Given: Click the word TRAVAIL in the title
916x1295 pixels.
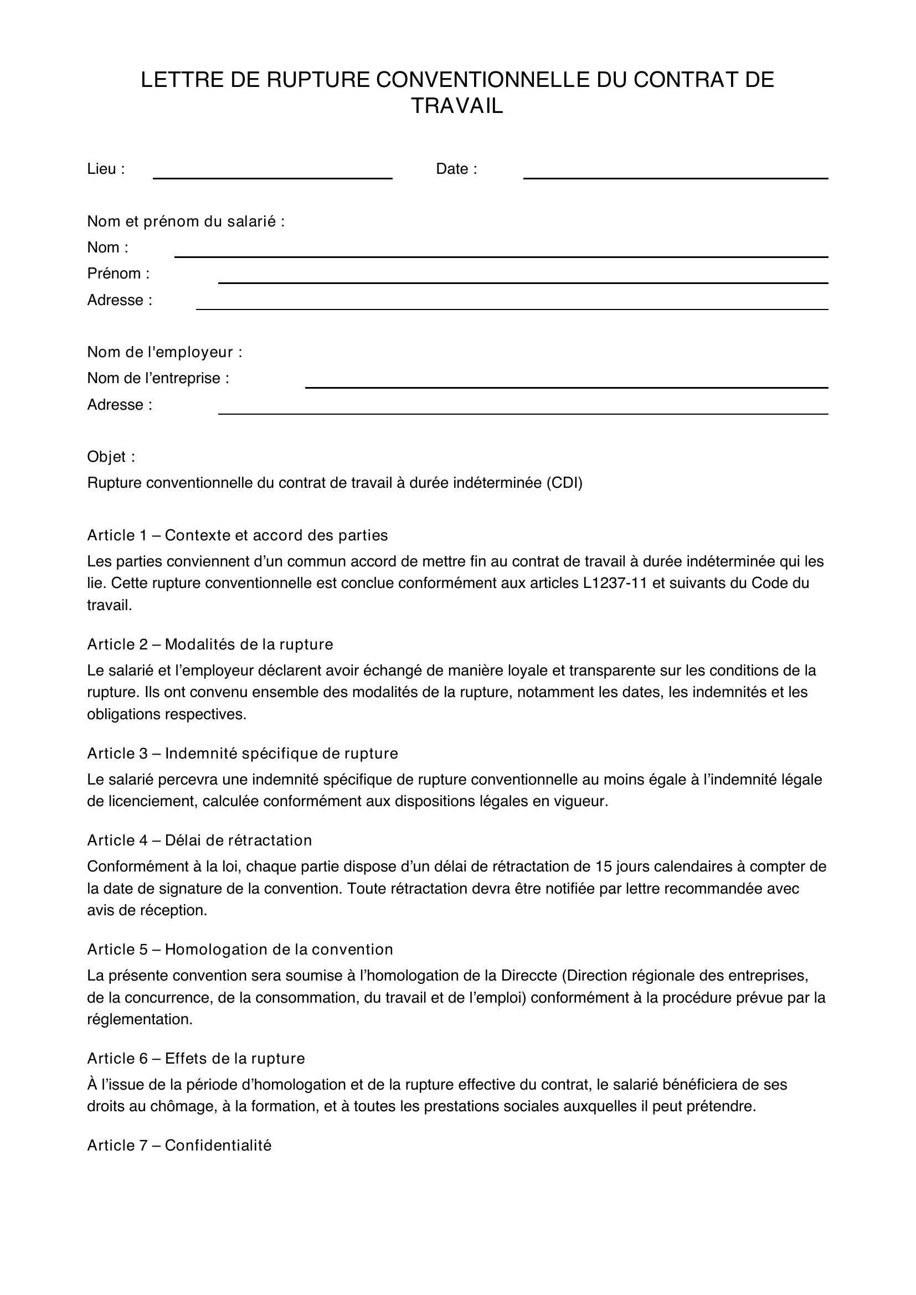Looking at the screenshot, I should point(457,106).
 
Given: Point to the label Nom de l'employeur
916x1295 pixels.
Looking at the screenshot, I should point(164,353).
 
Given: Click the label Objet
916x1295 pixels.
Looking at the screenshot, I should point(111,457).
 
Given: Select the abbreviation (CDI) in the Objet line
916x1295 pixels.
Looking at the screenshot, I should point(564,483).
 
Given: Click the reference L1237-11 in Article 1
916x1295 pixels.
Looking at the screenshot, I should point(615,583).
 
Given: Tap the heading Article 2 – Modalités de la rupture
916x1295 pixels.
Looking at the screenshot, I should point(210,644).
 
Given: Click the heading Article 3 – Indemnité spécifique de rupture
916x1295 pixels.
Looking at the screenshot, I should point(243,754).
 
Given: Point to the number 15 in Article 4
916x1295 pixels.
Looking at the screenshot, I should point(604,866).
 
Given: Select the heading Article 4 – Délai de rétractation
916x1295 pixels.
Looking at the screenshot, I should point(199,840).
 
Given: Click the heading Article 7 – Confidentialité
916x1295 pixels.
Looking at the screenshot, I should point(179,1146).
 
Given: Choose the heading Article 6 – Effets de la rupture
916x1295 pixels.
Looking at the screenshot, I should point(195,1059).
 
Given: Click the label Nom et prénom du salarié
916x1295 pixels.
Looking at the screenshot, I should point(186,221).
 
